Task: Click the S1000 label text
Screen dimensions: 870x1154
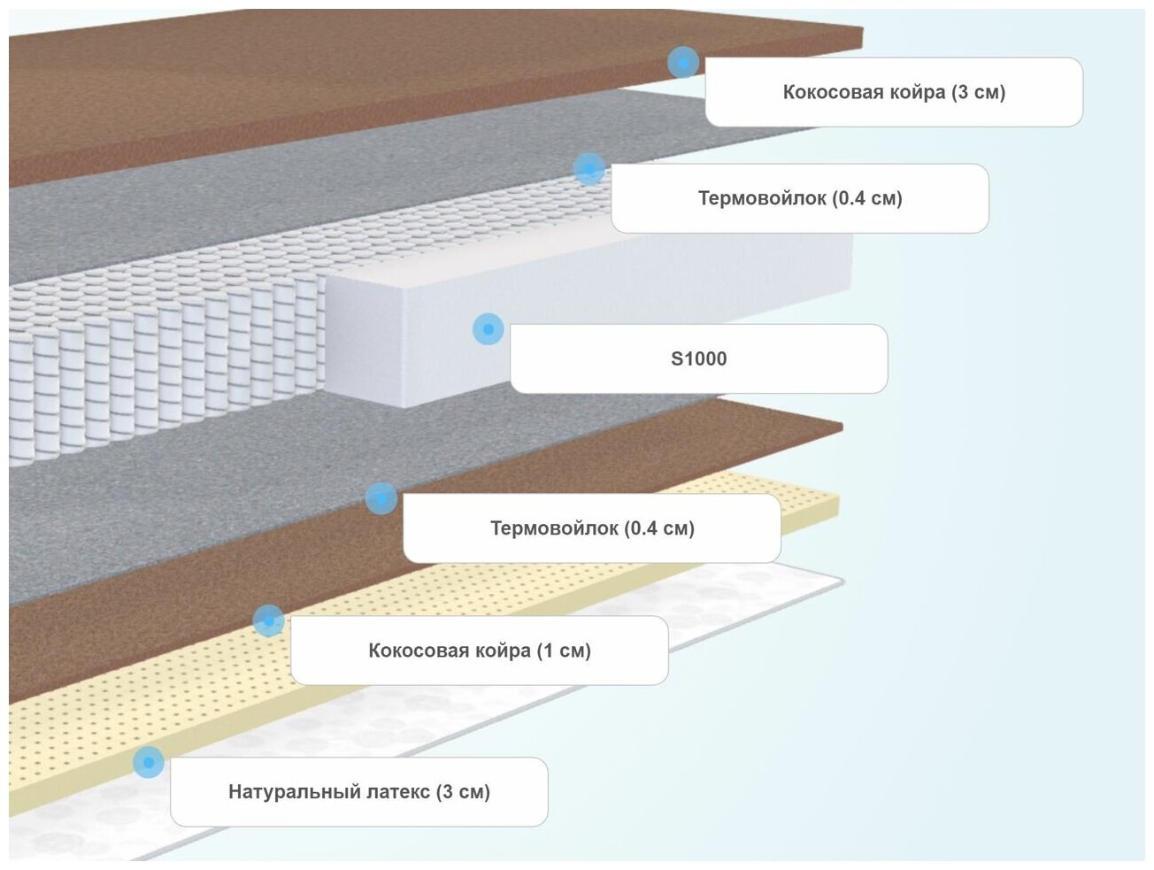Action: [x=698, y=358]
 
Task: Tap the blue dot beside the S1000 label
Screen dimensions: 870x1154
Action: [x=488, y=329]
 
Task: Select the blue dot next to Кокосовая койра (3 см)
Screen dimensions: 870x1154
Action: [x=682, y=63]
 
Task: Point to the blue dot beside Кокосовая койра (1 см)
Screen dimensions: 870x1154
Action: [x=268, y=621]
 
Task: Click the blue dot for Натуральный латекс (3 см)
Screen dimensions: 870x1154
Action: [x=148, y=762]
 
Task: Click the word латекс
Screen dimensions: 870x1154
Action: [x=394, y=791]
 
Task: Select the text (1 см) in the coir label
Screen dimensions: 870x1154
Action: [x=564, y=651]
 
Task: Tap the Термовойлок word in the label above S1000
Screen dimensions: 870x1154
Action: [x=762, y=198]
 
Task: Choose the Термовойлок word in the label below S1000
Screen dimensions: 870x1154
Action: [x=554, y=528]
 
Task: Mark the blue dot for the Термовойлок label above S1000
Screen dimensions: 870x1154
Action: [x=589, y=168]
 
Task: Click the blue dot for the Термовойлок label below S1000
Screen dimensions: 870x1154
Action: [x=381, y=498]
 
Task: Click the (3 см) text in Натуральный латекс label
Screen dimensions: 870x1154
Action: [x=463, y=791]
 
